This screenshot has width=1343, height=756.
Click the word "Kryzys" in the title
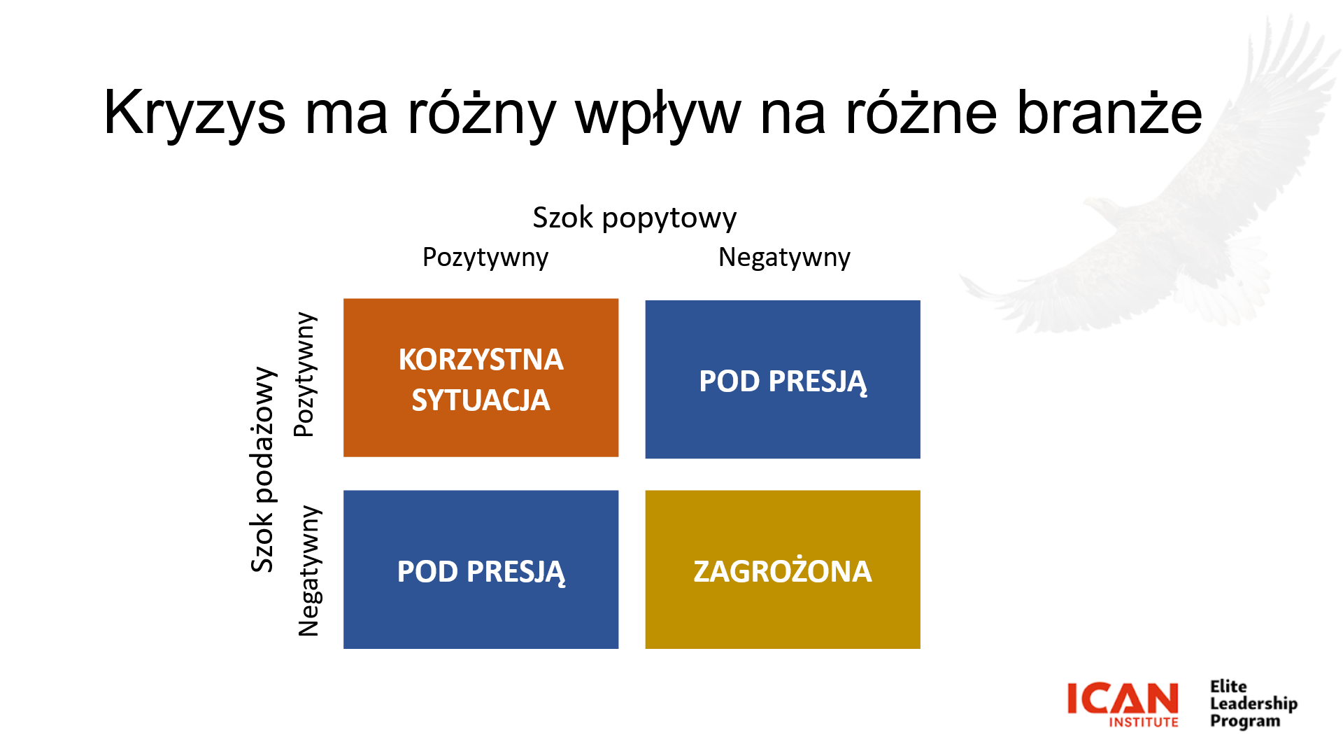coord(194,113)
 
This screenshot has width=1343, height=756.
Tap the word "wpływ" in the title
coord(658,113)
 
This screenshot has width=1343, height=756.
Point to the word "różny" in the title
coord(481,113)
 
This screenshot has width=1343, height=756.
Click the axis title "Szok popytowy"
coord(634,218)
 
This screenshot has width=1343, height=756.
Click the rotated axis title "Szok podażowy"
coord(263,469)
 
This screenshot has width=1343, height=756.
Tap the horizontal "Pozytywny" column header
coord(485,258)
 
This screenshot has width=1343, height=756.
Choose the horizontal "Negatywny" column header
coord(784,258)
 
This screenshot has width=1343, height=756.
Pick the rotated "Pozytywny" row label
coord(306,374)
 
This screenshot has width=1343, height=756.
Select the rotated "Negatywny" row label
coord(309,570)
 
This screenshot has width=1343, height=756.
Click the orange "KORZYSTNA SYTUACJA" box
coord(481,378)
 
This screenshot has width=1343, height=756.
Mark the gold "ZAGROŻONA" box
coord(783,570)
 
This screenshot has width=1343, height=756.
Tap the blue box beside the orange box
coord(783,379)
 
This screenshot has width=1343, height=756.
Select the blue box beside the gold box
coord(481,570)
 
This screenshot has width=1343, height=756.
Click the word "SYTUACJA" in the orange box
coord(481,400)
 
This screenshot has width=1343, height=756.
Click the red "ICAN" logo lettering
coord(1123,698)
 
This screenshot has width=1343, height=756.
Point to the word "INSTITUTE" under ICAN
coord(1144,722)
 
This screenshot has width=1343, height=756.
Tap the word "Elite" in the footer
coord(1228,687)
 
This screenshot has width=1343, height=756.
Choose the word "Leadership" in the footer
coord(1253,704)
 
